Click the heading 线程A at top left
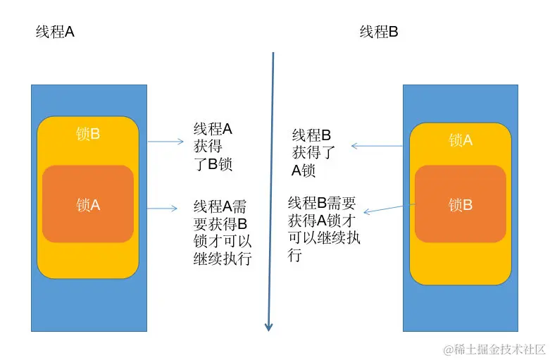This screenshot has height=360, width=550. (55, 32)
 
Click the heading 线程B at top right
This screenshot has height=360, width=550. (379, 32)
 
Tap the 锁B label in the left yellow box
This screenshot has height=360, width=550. (88, 133)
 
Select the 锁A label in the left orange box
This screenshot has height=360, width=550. (88, 204)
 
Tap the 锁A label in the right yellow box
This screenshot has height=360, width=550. (460, 141)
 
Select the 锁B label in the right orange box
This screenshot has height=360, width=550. (460, 205)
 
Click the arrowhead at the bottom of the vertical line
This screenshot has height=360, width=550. (268, 326)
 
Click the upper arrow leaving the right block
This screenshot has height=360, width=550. (376, 146)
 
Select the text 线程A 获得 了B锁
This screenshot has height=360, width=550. (213, 147)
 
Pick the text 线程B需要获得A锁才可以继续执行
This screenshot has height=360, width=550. (323, 229)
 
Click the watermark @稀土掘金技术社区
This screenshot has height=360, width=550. (494, 349)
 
